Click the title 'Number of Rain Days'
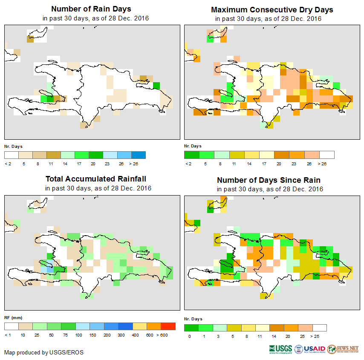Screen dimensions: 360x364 point(91,9)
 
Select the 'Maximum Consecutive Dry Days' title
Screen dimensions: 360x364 point(272,9)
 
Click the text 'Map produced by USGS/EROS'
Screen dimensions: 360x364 point(44,353)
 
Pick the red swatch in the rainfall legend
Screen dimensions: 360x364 point(168,326)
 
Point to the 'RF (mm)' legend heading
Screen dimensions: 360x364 point(13,318)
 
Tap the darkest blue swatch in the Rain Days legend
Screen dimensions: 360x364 point(139,155)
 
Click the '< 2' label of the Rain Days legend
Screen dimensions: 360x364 point(7,163)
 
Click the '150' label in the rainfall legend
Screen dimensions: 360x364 point(93,335)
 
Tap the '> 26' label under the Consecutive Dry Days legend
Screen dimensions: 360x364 point(323,163)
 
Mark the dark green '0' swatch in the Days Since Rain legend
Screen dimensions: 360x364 point(191,328)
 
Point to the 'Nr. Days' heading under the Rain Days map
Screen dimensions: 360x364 point(13,146)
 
